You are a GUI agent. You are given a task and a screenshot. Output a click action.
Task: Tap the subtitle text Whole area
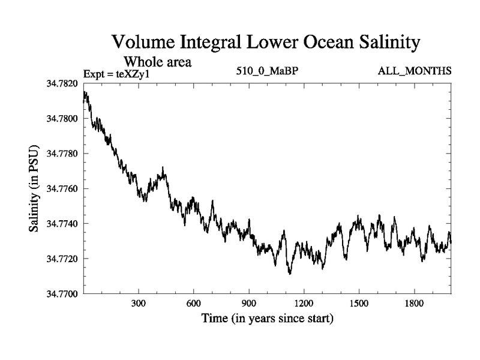pos(157,62)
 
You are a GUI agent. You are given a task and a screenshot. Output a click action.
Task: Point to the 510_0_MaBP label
pos(268,71)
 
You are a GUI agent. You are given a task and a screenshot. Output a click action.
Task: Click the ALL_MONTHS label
pos(414,71)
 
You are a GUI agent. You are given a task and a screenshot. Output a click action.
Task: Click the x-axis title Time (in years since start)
pos(267,319)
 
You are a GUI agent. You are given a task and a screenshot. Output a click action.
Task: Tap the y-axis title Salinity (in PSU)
pos(35,189)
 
